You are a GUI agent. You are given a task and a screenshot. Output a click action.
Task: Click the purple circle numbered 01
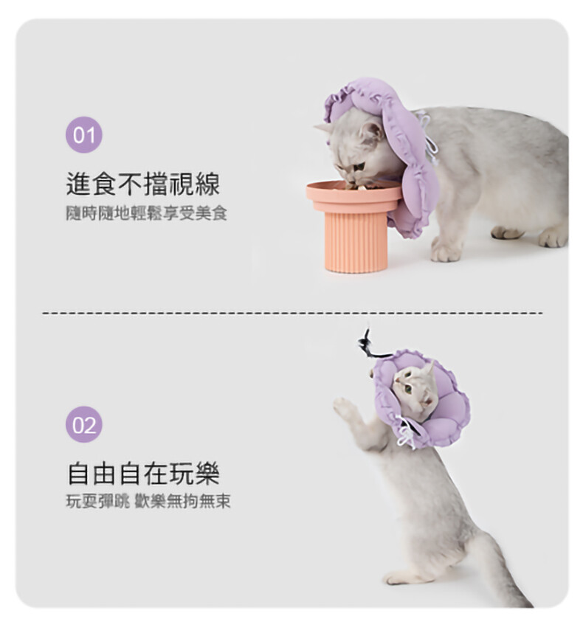83,134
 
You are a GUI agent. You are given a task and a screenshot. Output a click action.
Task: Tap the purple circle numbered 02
83,425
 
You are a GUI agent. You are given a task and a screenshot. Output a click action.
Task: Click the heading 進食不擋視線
143,184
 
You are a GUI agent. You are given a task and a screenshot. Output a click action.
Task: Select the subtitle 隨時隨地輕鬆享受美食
147,213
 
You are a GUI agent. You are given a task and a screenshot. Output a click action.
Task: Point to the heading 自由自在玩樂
143,474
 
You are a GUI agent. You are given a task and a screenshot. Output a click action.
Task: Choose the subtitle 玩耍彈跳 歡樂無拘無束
148,502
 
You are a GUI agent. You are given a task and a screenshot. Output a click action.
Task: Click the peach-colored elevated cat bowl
354,226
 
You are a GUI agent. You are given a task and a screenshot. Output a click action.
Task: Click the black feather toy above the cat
369,345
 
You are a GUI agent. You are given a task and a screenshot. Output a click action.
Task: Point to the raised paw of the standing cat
343,407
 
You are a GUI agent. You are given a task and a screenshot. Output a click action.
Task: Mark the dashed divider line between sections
292,313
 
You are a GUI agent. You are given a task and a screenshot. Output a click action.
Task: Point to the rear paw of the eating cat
553,237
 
